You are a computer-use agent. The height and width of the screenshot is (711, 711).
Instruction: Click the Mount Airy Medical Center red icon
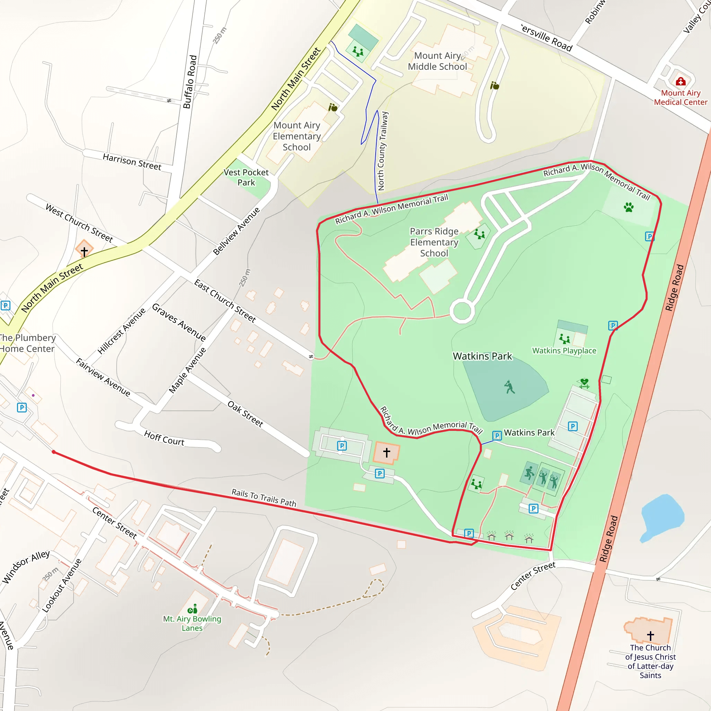[x=680, y=81]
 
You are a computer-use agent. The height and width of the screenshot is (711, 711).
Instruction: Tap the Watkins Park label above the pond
[x=482, y=356]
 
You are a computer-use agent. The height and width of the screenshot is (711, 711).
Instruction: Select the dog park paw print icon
[x=629, y=208]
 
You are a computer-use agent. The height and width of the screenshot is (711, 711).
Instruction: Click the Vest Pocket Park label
[x=246, y=177]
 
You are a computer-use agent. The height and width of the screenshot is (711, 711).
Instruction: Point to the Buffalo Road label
[x=190, y=82]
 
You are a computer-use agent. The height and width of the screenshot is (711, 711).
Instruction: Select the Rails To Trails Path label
[x=264, y=497]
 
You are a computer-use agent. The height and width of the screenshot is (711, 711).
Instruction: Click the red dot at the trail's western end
[x=54, y=452]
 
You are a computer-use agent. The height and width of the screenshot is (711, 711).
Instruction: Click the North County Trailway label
[x=383, y=151]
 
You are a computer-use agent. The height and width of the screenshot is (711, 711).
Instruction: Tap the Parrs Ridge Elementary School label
[x=434, y=242]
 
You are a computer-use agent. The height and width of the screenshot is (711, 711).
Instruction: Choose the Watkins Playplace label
[x=564, y=351]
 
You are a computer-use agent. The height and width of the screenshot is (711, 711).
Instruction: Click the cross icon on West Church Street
[x=84, y=251]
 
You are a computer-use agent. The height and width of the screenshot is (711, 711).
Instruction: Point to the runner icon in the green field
[x=509, y=387]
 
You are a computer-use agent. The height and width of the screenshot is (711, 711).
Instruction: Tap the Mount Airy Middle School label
[x=437, y=61]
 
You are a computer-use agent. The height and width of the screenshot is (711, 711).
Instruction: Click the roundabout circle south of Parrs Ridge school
[x=462, y=311]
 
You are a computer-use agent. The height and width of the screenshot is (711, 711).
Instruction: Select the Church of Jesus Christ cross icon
[x=650, y=636]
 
